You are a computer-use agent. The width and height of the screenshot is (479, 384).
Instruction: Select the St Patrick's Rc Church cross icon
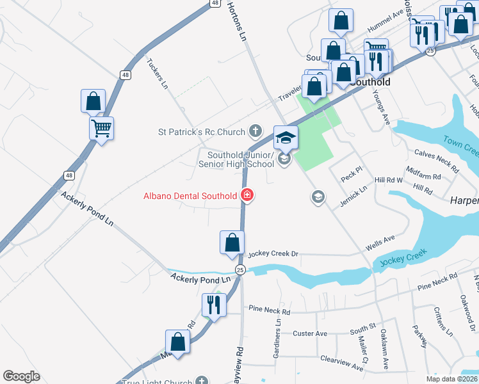coord(256,132)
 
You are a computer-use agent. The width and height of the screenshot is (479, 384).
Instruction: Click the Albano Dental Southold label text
coord(190,195)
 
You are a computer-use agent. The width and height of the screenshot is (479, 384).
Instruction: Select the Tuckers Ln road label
coord(158,74)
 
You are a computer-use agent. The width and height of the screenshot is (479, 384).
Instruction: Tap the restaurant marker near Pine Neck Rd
coord(212,305)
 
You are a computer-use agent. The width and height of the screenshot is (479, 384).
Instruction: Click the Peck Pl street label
coord(352,175)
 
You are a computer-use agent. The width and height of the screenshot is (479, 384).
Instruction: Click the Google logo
coord(21,376)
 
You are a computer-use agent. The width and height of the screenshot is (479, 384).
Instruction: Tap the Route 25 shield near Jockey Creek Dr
coord(240,269)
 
